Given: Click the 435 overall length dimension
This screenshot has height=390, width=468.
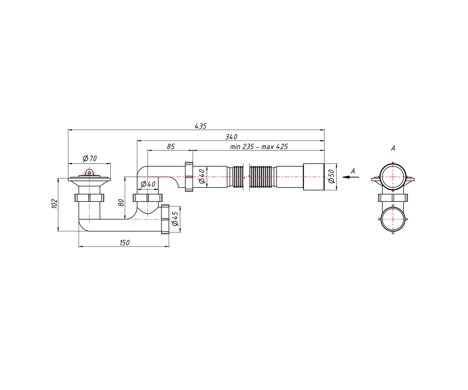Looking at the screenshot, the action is point(200,126).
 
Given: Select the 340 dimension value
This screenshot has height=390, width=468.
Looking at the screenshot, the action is point(231,137).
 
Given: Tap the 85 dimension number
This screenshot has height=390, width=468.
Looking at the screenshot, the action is point(170,147).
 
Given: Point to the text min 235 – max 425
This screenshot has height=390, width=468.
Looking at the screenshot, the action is point(259,147).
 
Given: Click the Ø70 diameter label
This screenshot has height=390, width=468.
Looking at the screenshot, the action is point(90,158).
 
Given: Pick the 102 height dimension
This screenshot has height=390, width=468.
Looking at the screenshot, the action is point(55,204).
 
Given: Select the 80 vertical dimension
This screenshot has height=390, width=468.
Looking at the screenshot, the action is point(121,203).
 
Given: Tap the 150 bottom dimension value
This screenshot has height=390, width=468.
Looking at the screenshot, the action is point(124,243).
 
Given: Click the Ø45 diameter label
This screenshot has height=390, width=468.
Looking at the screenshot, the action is point(175,218).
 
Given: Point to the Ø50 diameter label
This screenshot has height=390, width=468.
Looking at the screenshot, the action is point(331,176).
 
